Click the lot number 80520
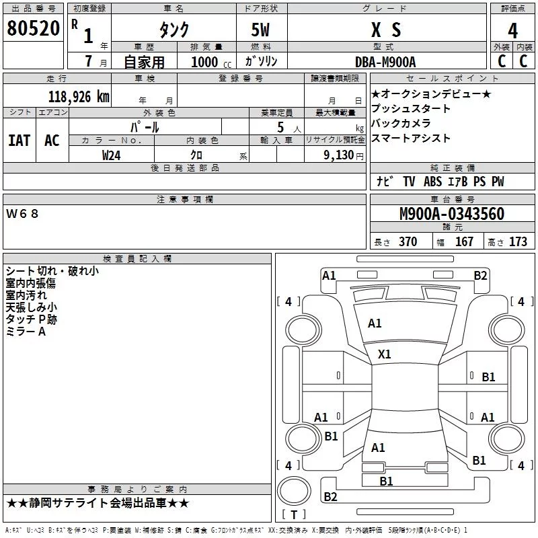click(33, 28)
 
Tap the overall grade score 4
click(512, 30)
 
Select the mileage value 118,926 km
click(79, 97)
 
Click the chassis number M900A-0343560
click(452, 214)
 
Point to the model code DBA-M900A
click(385, 62)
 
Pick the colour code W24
click(111, 155)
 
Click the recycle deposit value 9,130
click(339, 155)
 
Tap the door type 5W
click(260, 30)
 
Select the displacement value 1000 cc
click(211, 62)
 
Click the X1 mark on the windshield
click(384, 354)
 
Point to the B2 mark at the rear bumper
click(330, 496)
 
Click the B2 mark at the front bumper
click(480, 276)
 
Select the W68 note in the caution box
click(22, 214)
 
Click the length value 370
click(408, 241)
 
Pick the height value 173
click(518, 241)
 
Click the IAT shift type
click(20, 141)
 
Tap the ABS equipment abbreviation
click(432, 182)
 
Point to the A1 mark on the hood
click(375, 323)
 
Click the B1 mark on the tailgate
click(386, 481)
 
